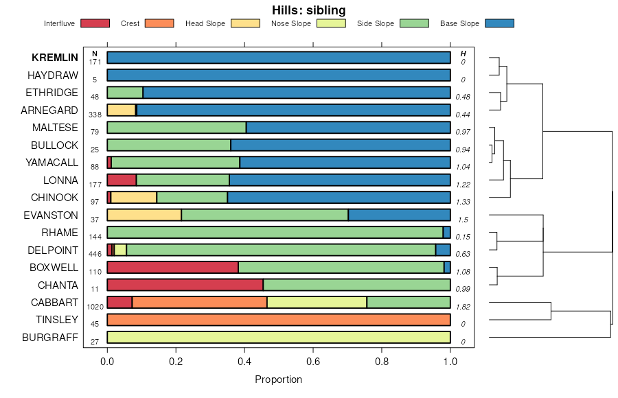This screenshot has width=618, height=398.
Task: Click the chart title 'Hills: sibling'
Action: pyautogui.click(x=308, y=10)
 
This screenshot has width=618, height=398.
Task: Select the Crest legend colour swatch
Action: pyautogui.click(x=159, y=23)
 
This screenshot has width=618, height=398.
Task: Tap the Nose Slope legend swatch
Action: pyautogui.click(x=331, y=23)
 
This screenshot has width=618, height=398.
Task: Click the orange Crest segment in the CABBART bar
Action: pyautogui.click(x=199, y=303)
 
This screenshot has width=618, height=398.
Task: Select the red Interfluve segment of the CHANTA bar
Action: pyautogui.click(x=185, y=285)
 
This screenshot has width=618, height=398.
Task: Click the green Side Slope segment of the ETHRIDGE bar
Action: pyautogui.click(x=125, y=93)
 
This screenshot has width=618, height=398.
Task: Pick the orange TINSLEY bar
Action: pyautogui.click(x=278, y=320)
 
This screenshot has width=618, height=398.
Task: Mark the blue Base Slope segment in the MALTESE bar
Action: pyautogui.click(x=348, y=128)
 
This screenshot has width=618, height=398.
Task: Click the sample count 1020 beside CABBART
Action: pyautogui.click(x=95, y=307)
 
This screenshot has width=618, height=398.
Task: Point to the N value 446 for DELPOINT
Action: pyautogui.click(x=95, y=254)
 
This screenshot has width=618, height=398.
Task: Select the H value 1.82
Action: pyautogui.click(x=463, y=306)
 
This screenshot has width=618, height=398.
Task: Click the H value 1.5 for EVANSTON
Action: pyautogui.click(x=463, y=219)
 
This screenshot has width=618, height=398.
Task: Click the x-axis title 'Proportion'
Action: pyautogui.click(x=278, y=379)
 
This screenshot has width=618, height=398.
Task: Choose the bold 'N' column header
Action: pyautogui.click(x=95, y=54)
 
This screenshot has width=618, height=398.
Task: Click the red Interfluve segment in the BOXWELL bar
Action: pyautogui.click(x=172, y=268)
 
